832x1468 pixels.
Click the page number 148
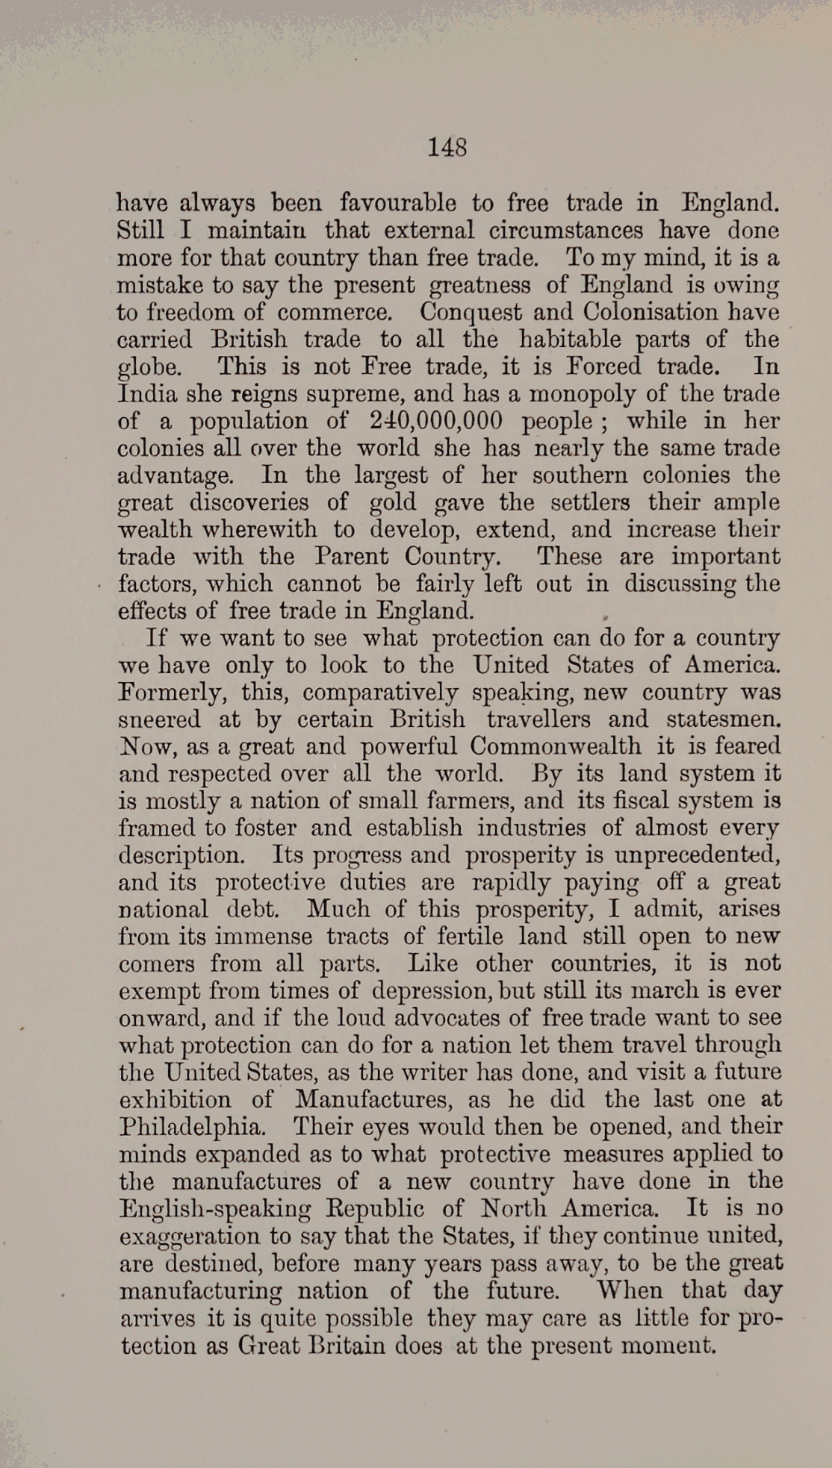(x=447, y=147)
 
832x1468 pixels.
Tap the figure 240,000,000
(x=435, y=421)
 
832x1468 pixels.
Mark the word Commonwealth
(x=556, y=746)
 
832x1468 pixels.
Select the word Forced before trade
(x=599, y=366)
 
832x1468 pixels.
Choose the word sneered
(x=159, y=719)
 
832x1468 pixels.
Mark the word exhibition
(x=175, y=1099)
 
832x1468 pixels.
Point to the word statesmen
(x=723, y=719)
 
